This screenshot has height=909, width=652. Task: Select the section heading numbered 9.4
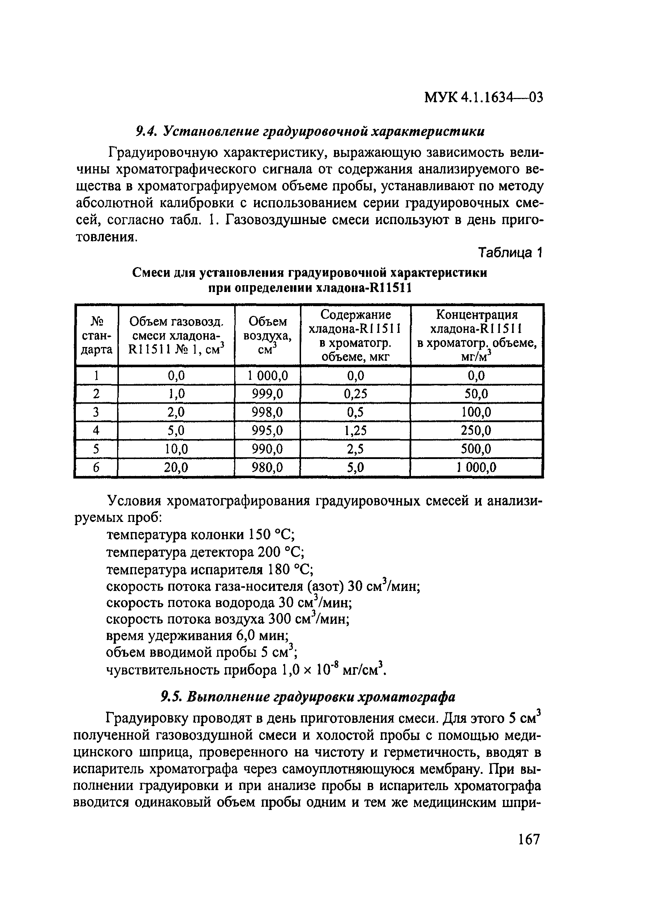[x=310, y=131]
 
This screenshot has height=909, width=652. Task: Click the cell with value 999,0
[x=267, y=394]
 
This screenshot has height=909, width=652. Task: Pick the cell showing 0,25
[x=355, y=394]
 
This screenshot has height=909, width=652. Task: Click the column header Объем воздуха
[x=267, y=335]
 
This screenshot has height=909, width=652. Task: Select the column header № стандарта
[x=96, y=335]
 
